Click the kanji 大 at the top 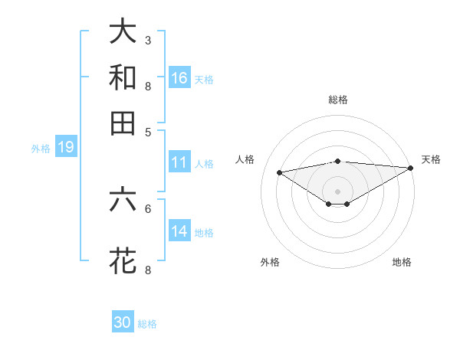coord(123,33)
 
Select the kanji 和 coord(123,77)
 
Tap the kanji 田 coord(123,123)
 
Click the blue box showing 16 coord(179,78)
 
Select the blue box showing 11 coord(179,162)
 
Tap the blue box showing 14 coord(179,231)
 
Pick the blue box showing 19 coord(66,148)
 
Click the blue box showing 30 coord(123,322)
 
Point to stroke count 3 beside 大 coord(147,39)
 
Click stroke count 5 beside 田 coord(147,131)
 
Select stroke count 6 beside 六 coord(147,208)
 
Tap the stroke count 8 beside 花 coord(147,269)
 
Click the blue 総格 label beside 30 coord(147,324)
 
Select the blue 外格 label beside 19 coord(41,149)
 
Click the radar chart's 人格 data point coord(279,172)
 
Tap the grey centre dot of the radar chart coord(338,191)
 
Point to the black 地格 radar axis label coord(402,262)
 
